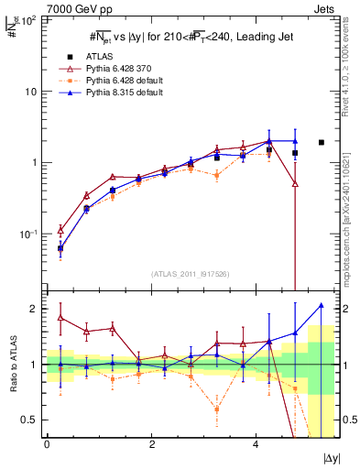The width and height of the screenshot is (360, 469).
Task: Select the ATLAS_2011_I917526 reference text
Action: click(x=190, y=274)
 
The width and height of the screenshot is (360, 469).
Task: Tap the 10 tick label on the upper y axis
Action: click(x=30, y=92)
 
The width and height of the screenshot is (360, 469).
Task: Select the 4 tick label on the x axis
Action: click(x=256, y=443)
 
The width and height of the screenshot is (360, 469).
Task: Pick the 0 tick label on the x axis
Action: click(x=47, y=443)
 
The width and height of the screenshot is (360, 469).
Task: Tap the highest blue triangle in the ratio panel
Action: click(x=321, y=305)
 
